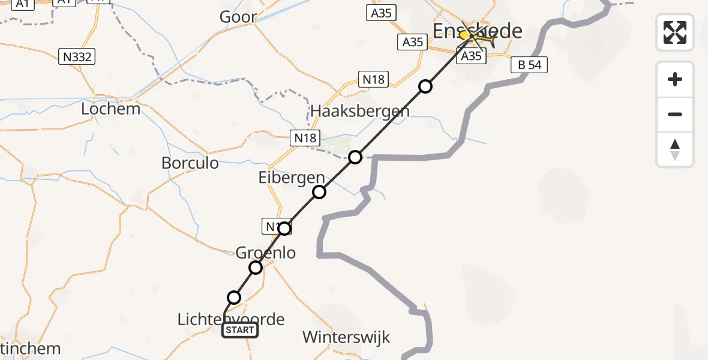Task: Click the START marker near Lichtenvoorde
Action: point(240,329)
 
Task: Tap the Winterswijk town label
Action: point(346,337)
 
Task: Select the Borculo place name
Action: point(190,163)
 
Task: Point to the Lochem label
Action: point(110,109)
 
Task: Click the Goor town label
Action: point(238,17)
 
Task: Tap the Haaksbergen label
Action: point(360,111)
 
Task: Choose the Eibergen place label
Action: point(292,178)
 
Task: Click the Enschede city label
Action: point(478,31)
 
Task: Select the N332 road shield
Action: point(76,57)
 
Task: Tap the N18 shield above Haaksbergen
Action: point(373,79)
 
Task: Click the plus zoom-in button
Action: point(675,79)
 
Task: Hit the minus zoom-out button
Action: point(675,114)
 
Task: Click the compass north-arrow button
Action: point(675,149)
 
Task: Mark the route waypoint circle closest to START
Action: point(234,298)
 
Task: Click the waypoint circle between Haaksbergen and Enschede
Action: point(425,86)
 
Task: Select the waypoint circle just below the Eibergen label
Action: point(319,192)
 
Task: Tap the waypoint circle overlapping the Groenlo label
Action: point(256,268)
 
